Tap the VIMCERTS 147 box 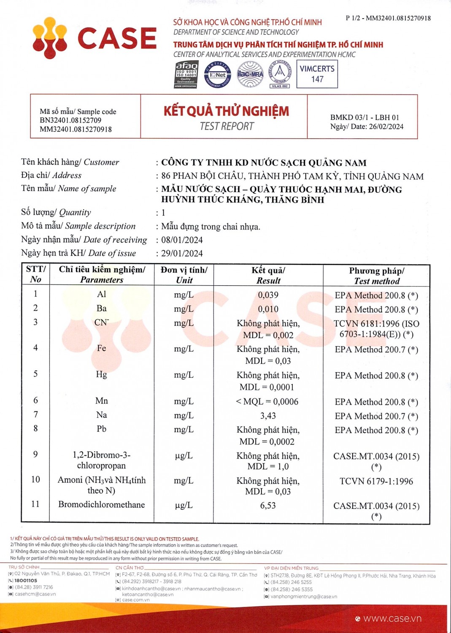coord(317,74)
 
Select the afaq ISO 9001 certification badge coord(186,75)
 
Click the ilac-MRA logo coord(250,75)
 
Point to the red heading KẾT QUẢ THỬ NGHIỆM coord(226,111)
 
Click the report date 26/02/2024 coord(386,127)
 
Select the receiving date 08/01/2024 coord(182,240)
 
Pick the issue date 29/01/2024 coord(182,254)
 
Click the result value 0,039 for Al coord(268,295)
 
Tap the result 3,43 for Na coord(268,416)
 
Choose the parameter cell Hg coord(101,374)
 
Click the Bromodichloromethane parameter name coord(101,505)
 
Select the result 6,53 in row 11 coord(268,506)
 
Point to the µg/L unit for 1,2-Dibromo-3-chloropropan coord(184,456)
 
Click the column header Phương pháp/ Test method coord(377,276)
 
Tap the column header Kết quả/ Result coord(268,275)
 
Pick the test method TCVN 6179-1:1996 coord(376,482)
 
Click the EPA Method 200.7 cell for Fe coord(376,350)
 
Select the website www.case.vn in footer coord(392,619)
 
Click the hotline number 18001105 coord(26,581)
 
